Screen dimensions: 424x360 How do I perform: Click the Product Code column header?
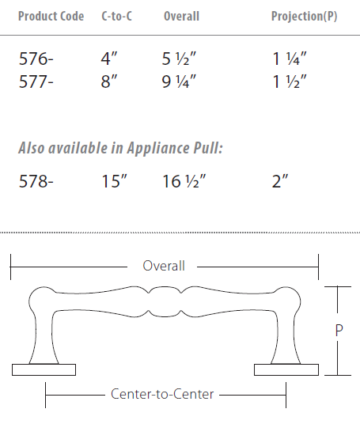[51, 17]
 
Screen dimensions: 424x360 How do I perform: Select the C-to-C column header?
[117, 17]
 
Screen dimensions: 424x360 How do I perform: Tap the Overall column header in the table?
[181, 17]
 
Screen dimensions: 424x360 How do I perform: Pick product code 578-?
[36, 183]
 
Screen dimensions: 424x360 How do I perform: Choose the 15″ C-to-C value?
[115, 183]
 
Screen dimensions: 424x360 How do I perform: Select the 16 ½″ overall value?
[184, 183]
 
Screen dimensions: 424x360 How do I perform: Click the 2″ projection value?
[280, 183]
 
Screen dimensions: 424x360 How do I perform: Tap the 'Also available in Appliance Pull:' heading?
[120, 148]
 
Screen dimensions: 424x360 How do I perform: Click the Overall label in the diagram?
[164, 266]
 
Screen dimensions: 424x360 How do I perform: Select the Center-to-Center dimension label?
[162, 394]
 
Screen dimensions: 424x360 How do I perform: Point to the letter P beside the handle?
[339, 331]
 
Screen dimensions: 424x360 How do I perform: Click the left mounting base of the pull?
[44, 369]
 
